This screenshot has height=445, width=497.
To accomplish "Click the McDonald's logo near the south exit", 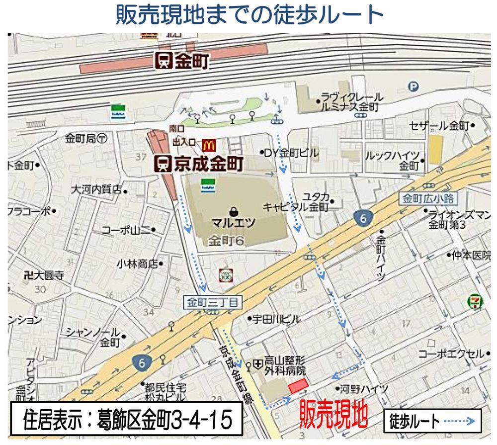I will [209, 145].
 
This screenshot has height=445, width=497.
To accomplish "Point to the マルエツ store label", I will [233, 221].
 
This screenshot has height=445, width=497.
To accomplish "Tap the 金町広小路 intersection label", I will [425, 199].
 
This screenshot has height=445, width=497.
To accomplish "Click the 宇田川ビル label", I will [276, 319].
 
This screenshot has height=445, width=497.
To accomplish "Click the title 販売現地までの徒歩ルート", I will [248, 15].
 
